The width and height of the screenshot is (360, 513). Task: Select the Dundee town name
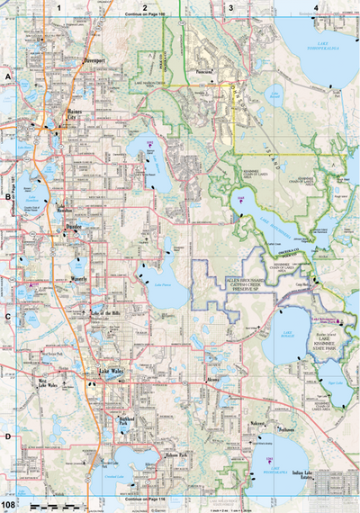point(74,226)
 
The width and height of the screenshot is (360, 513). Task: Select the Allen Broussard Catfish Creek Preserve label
point(244,283)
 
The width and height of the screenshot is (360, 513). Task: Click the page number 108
point(8,507)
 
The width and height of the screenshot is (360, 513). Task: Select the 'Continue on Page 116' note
point(144,498)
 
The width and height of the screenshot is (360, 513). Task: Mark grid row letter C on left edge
point(6,316)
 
